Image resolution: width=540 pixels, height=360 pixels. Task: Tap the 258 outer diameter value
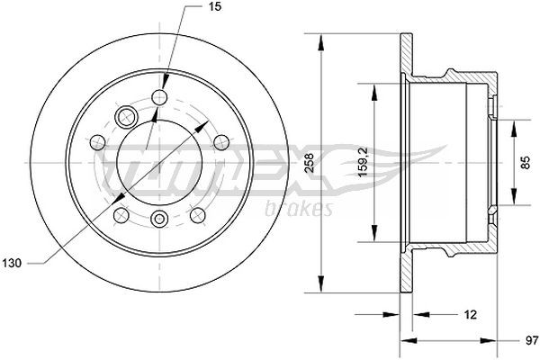pyautogui.click(x=309, y=163)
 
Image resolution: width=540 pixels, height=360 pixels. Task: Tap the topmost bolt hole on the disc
pyautogui.click(x=161, y=96)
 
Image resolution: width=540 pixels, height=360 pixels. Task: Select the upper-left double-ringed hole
pyautogui.click(x=126, y=115)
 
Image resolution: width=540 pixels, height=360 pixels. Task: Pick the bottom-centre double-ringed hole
pyautogui.click(x=159, y=219)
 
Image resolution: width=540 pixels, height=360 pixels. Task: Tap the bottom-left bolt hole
pyautogui.click(x=120, y=212)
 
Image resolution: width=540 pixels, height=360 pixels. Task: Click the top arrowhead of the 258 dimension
pyautogui.click(x=319, y=38)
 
